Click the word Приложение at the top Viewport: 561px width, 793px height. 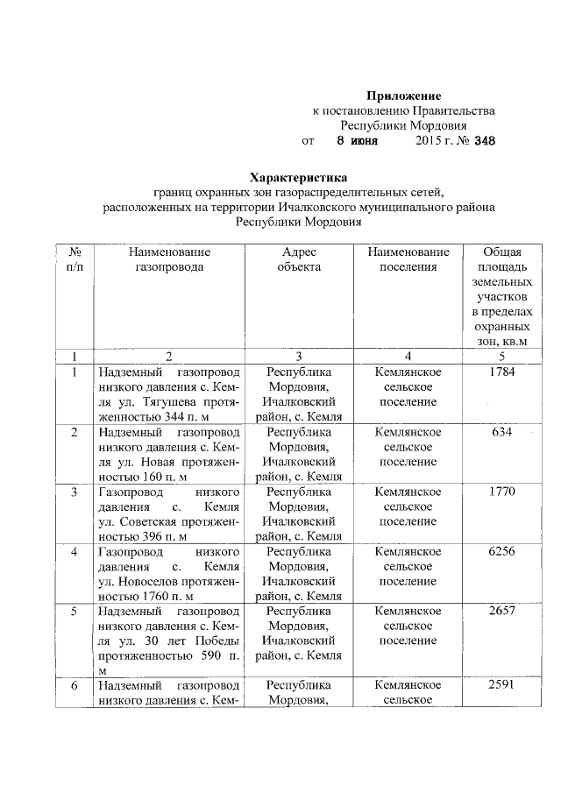pos(403,95)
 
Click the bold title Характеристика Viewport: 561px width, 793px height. pos(298,178)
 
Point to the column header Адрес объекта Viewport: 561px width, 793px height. pos(299,259)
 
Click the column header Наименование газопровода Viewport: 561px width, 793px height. pos(169,259)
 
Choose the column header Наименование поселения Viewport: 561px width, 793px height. pos(408,259)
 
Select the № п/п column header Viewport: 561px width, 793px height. pos(75,259)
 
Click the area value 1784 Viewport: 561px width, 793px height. pos(502,372)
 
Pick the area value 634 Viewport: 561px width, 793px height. pos(502,432)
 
